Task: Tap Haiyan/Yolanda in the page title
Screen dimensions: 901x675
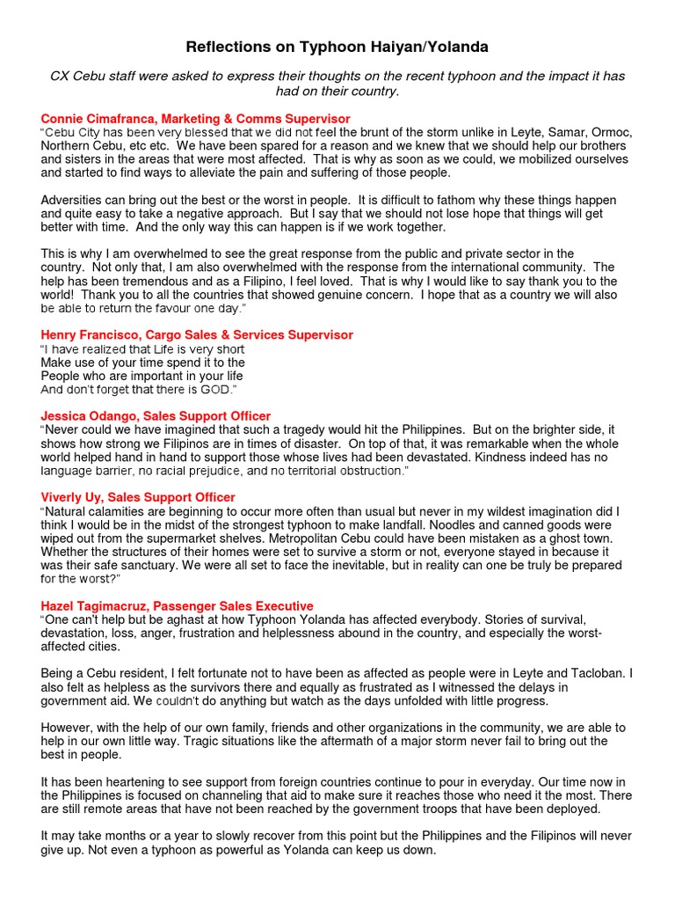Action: click(x=427, y=47)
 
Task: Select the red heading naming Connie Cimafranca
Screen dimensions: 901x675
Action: click(x=195, y=118)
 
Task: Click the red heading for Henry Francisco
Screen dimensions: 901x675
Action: click(x=197, y=334)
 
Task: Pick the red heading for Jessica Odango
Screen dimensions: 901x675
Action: click(x=156, y=415)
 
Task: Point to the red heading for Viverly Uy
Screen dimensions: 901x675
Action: click(x=138, y=497)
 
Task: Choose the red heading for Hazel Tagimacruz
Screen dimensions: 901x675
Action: click(x=177, y=605)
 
